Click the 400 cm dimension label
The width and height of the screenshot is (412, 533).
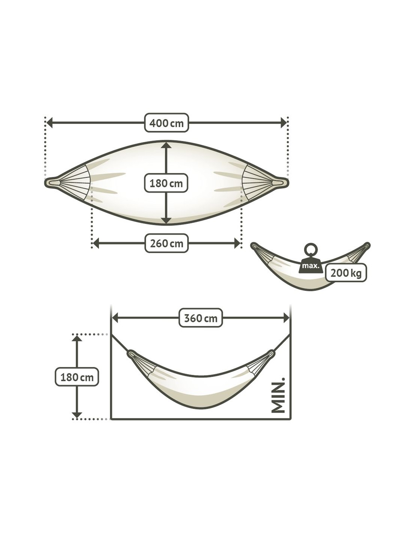click(166, 123)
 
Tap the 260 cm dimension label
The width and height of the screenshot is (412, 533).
click(166, 243)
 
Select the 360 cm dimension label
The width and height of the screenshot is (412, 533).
click(200, 318)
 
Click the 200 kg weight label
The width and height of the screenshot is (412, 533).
click(346, 272)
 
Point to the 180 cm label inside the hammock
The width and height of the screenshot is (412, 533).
click(166, 183)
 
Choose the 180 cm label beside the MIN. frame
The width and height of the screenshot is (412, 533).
click(77, 377)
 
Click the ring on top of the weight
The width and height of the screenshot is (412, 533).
click(310, 250)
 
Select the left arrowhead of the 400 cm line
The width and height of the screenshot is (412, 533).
click(50, 123)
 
